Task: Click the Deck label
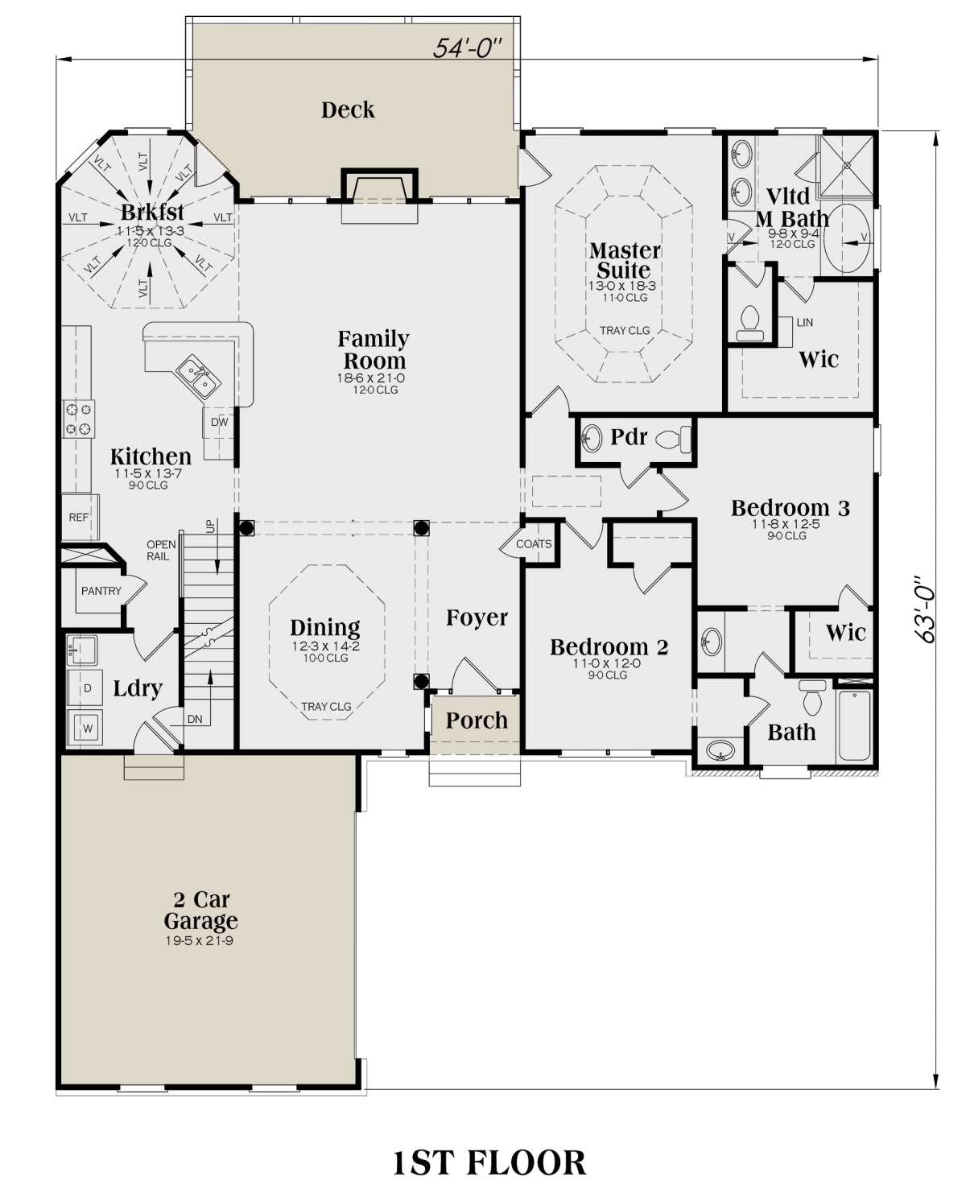[347, 110]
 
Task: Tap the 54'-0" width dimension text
[466, 48]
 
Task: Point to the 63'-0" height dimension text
[923, 609]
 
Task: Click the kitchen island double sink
[198, 377]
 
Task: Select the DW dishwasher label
[220, 422]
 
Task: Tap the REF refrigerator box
[80, 517]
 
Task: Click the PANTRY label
[101, 591]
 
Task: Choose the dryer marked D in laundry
[85, 687]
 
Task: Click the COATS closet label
[534, 544]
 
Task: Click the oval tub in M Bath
[847, 240]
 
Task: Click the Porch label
[477, 720]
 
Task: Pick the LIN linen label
[804, 323]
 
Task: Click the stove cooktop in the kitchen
[79, 419]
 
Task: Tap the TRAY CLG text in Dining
[326, 707]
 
